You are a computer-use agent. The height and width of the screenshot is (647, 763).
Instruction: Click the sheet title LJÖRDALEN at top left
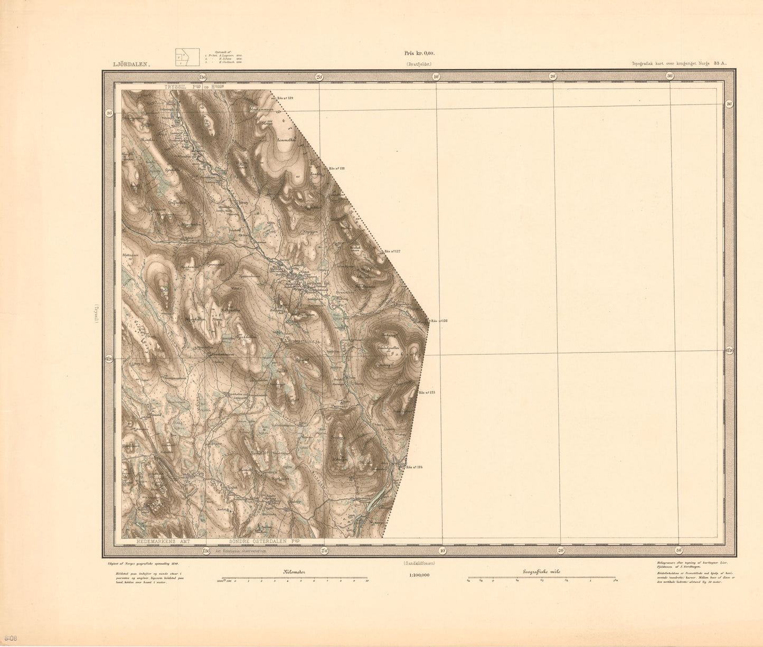coord(131,64)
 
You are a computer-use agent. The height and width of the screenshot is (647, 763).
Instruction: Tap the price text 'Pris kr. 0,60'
coord(419,53)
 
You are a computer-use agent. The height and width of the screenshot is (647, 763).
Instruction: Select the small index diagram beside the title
coord(187,57)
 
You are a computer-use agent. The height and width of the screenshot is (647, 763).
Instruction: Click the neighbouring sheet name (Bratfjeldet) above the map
coord(419,64)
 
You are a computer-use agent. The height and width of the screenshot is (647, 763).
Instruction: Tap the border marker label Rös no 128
coord(335,168)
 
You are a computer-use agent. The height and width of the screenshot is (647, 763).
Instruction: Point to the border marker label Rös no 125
coord(427,392)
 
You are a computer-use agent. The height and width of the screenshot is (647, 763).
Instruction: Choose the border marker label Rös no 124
coord(415,467)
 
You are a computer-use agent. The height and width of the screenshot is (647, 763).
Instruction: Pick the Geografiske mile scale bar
coord(541,580)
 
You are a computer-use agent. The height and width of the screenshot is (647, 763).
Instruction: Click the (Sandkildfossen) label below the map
coord(419,563)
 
